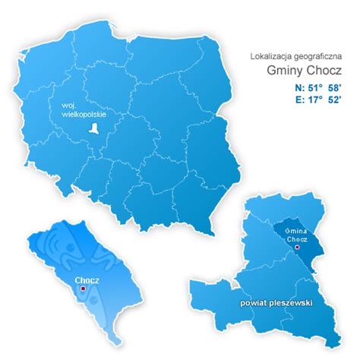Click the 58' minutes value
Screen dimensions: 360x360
click(x=333, y=90)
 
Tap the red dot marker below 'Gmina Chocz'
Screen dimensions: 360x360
click(x=297, y=248)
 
